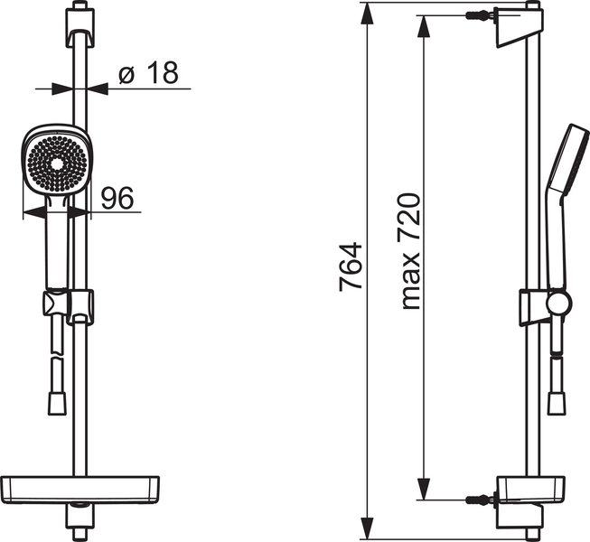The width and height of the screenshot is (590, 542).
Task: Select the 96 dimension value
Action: click(x=117, y=198)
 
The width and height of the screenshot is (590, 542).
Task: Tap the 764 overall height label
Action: click(x=351, y=266)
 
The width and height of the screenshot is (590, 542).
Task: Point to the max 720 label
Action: click(x=410, y=250)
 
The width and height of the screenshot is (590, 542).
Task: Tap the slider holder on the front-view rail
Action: click(x=80, y=305)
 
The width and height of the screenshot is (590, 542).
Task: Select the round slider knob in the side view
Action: click(x=560, y=304)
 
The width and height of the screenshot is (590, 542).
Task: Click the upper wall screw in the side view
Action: click(x=479, y=16)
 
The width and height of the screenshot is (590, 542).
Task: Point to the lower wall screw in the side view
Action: click(x=479, y=500)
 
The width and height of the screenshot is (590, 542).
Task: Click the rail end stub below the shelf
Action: click(x=80, y=520)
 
